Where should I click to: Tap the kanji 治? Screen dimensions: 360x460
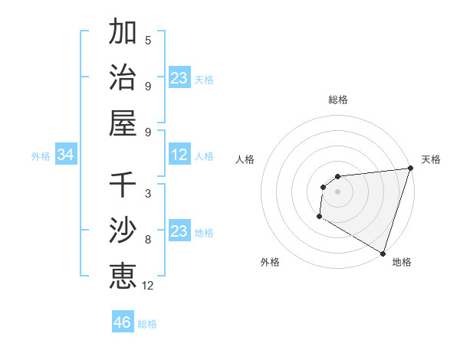pyautogui.click(x=123, y=78)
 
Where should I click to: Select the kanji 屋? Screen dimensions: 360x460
pyautogui.click(x=123, y=123)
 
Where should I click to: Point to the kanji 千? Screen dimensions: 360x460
pyautogui.click(x=123, y=185)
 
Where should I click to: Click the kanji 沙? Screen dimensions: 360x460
pyautogui.click(x=123, y=231)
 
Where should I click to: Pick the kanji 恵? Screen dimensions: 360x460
pyautogui.click(x=123, y=276)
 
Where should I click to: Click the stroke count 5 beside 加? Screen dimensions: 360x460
pyautogui.click(x=148, y=41)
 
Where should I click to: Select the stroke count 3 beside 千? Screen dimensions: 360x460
pyautogui.click(x=148, y=194)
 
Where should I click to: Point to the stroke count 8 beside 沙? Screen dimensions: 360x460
pyautogui.click(x=148, y=239)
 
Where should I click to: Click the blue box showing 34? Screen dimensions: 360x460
pyautogui.click(x=66, y=155)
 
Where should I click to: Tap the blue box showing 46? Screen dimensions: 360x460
pyautogui.click(x=123, y=322)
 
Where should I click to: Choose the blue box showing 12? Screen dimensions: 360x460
pyautogui.click(x=179, y=155)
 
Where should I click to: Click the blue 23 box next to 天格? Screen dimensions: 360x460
pyautogui.click(x=179, y=78)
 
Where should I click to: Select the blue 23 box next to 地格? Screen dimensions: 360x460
pyautogui.click(x=179, y=231)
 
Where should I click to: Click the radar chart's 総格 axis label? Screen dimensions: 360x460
pyautogui.click(x=338, y=100)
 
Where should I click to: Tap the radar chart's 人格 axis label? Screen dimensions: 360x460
pyautogui.click(x=245, y=159)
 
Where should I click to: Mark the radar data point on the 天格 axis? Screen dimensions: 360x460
pyautogui.click(x=410, y=169)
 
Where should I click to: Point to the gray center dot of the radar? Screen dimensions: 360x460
pyautogui.click(x=337, y=191)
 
